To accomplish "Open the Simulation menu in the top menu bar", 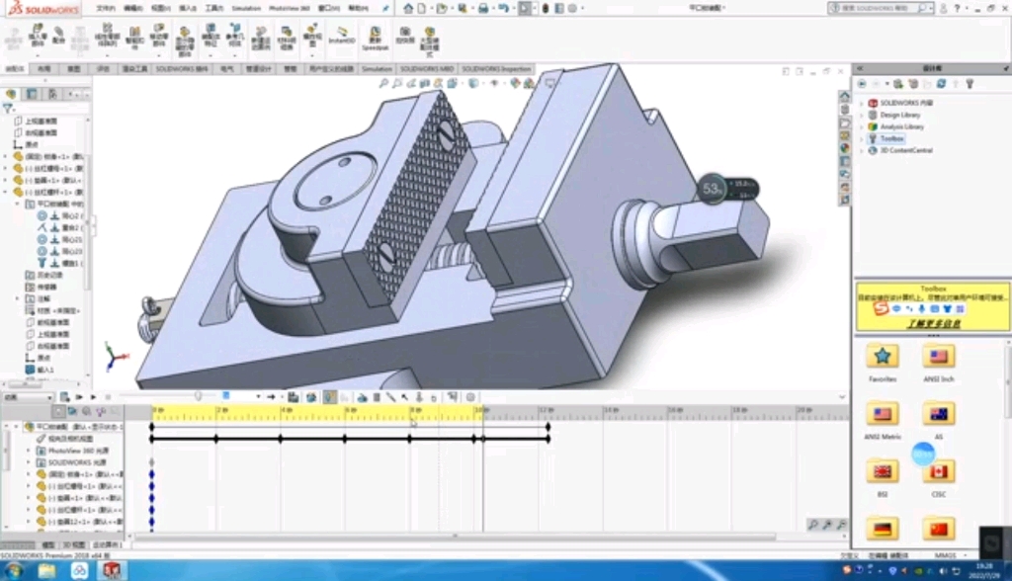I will pos(246,8).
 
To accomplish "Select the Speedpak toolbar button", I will pos(375,39).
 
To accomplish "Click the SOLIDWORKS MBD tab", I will pos(426,69).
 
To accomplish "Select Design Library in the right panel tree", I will pos(899,115).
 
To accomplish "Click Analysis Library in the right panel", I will pos(901,126).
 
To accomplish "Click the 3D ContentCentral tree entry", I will pos(905,151).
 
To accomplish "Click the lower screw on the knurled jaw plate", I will pos(386,254).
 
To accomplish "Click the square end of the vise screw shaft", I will pos(726,234).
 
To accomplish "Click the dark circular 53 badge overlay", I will pos(712,188).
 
